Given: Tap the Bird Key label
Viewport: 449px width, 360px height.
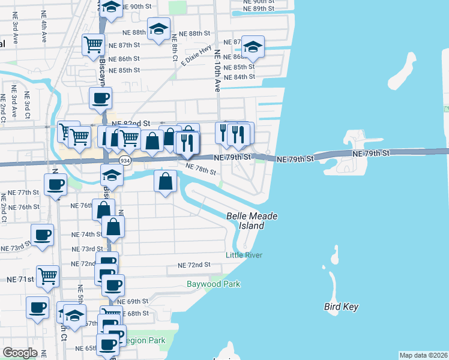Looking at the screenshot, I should click(341, 307).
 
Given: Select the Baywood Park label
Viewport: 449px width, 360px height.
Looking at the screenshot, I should click(205, 283).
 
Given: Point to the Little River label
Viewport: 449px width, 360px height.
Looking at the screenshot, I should click(244, 255).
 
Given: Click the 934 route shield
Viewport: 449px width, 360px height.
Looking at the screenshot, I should click(125, 161).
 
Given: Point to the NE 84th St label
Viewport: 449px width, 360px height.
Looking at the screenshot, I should click(239, 77).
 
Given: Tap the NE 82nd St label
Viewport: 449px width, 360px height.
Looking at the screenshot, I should click(129, 123).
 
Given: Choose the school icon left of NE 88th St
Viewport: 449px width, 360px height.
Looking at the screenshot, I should click(158, 29).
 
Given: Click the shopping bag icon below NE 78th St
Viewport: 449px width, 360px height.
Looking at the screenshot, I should click(166, 181).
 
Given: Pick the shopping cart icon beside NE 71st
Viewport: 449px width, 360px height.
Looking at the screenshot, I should click(47, 276).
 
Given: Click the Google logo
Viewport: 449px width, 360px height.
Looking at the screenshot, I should click(20, 353).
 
